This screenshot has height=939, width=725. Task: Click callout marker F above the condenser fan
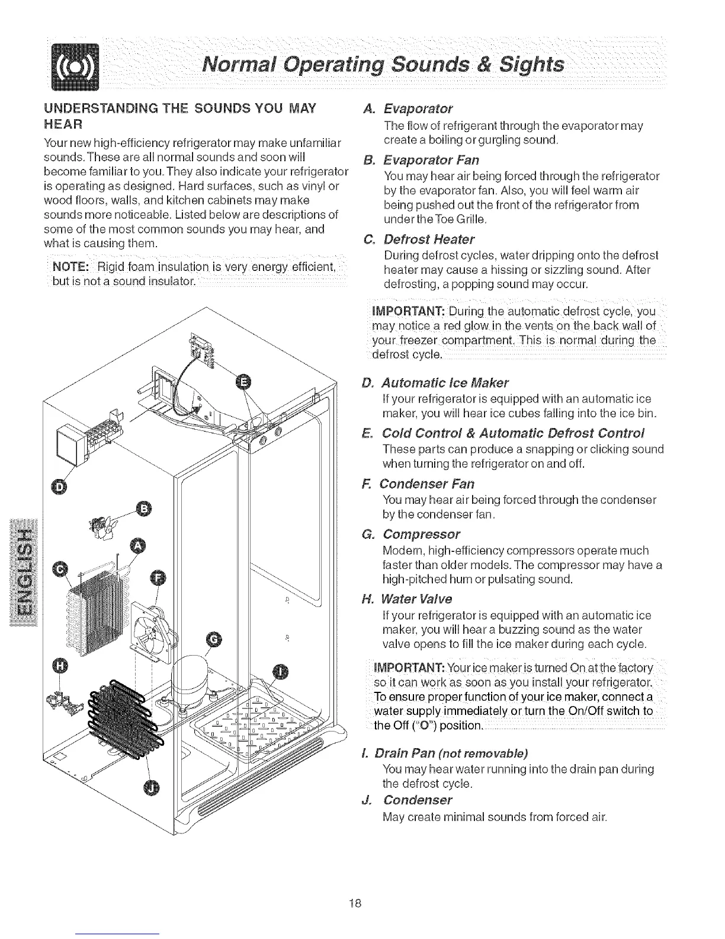pos(159,578)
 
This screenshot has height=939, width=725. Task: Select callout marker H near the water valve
pos(60,666)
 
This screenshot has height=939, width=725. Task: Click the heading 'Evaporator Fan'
pos(430,161)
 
